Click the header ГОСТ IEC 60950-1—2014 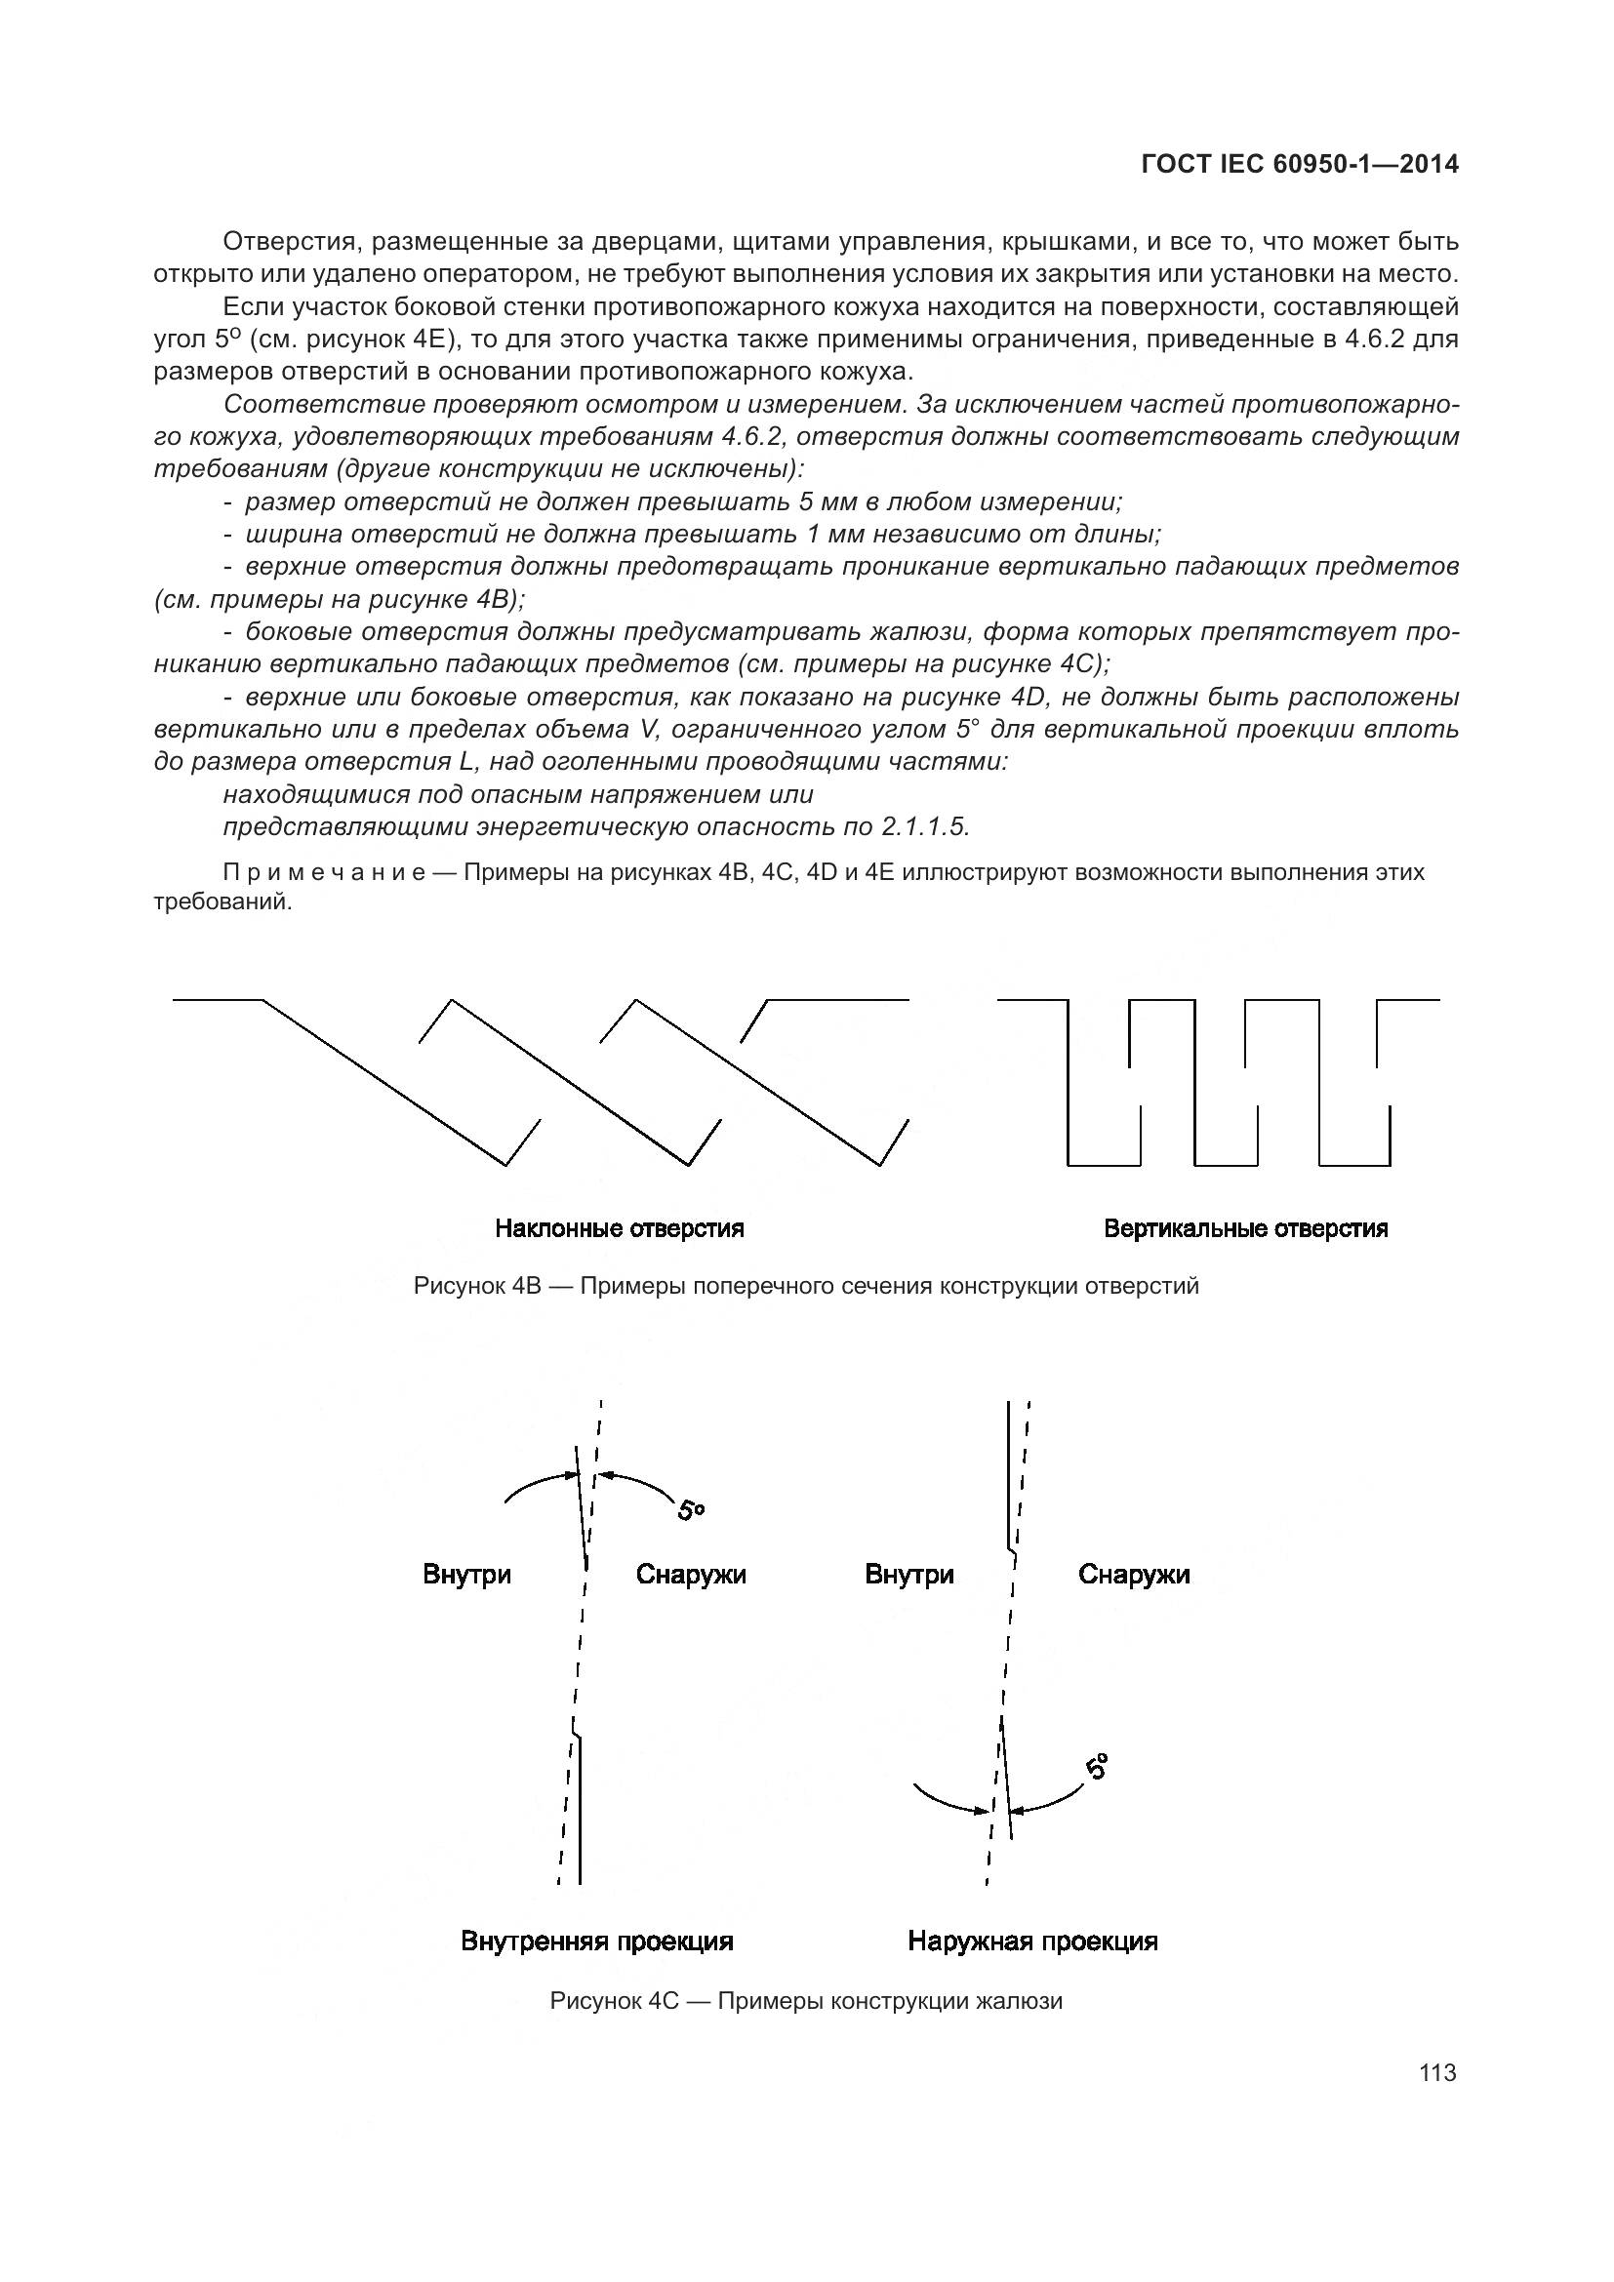point(1300,165)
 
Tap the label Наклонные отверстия point(620,1228)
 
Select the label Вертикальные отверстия point(1245,1228)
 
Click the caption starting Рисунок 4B point(806,1286)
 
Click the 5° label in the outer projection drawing point(1096,1767)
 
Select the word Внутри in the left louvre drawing point(467,1576)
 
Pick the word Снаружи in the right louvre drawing point(1134,1576)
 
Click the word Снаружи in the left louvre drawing point(691,1576)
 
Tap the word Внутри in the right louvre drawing point(909,1576)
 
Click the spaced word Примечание point(324,872)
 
